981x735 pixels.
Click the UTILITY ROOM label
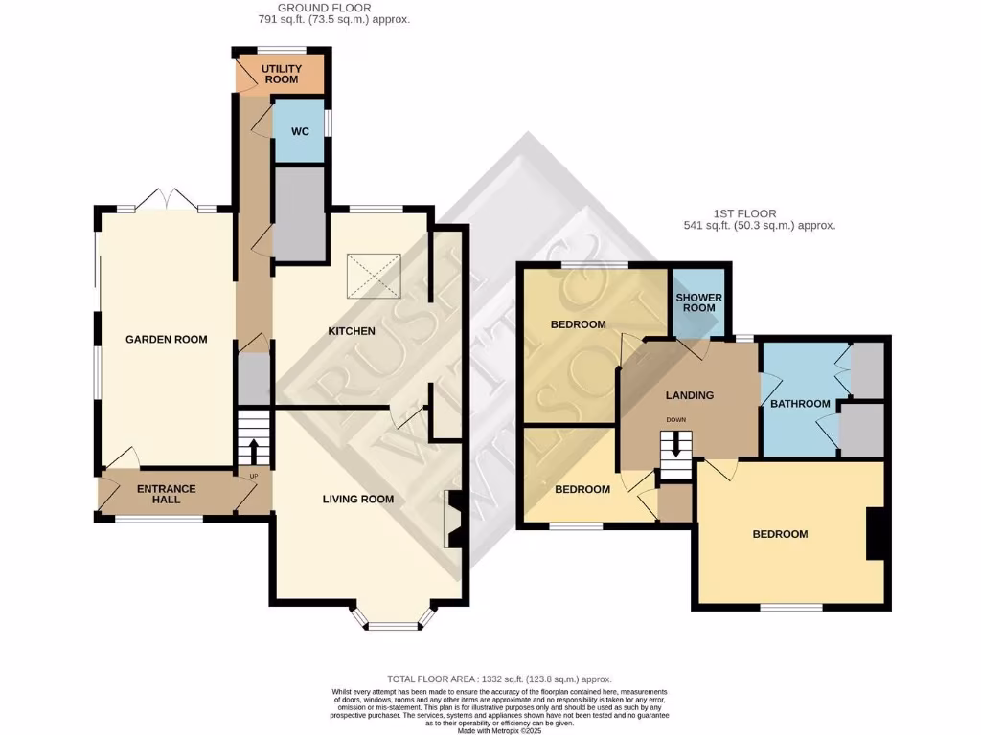pos(282,74)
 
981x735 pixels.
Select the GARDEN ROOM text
pos(166,339)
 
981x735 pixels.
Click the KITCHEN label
pos(351,331)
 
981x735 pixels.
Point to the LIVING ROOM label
pos(357,499)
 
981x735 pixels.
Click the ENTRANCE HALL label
pos(166,494)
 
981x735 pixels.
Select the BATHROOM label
pos(800,403)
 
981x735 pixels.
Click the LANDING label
pos(690,395)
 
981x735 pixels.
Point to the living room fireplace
pos(453,520)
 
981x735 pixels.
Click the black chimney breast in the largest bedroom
pos(874,534)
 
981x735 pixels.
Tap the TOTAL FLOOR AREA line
pos(498,679)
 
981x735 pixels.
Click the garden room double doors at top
pos(166,200)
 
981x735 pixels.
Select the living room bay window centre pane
pos(394,627)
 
